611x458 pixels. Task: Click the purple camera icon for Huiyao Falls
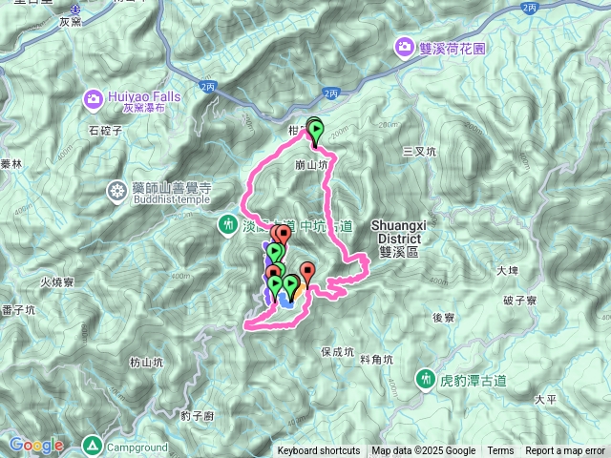tap(94, 97)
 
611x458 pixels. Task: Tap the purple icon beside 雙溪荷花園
tap(406, 46)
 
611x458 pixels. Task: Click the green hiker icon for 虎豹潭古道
tap(426, 379)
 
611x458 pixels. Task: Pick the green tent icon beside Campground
tap(92, 445)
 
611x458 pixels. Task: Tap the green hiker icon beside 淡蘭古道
tap(228, 226)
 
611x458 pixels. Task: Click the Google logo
tap(36, 445)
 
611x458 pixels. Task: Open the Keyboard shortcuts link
tap(319, 451)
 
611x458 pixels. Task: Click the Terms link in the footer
tap(500, 451)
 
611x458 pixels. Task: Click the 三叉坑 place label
tap(418, 151)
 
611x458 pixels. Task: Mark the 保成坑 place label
tap(337, 351)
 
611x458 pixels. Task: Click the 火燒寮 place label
tap(57, 282)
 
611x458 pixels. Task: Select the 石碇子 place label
tap(106, 129)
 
